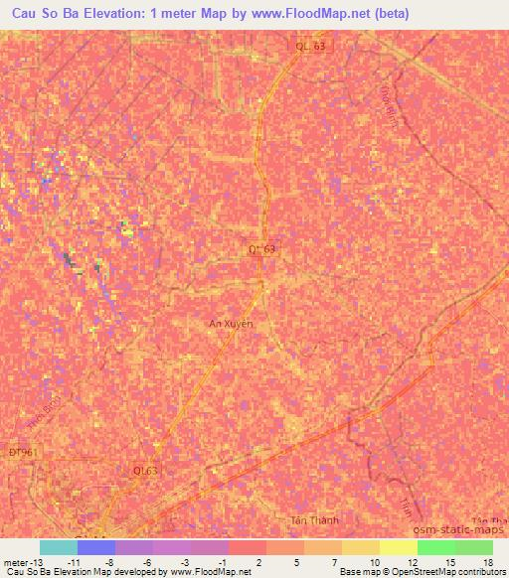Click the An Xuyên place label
point(231,323)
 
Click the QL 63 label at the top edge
point(310,46)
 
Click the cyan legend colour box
point(59,547)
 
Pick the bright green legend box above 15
point(435,547)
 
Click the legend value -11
point(74,561)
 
